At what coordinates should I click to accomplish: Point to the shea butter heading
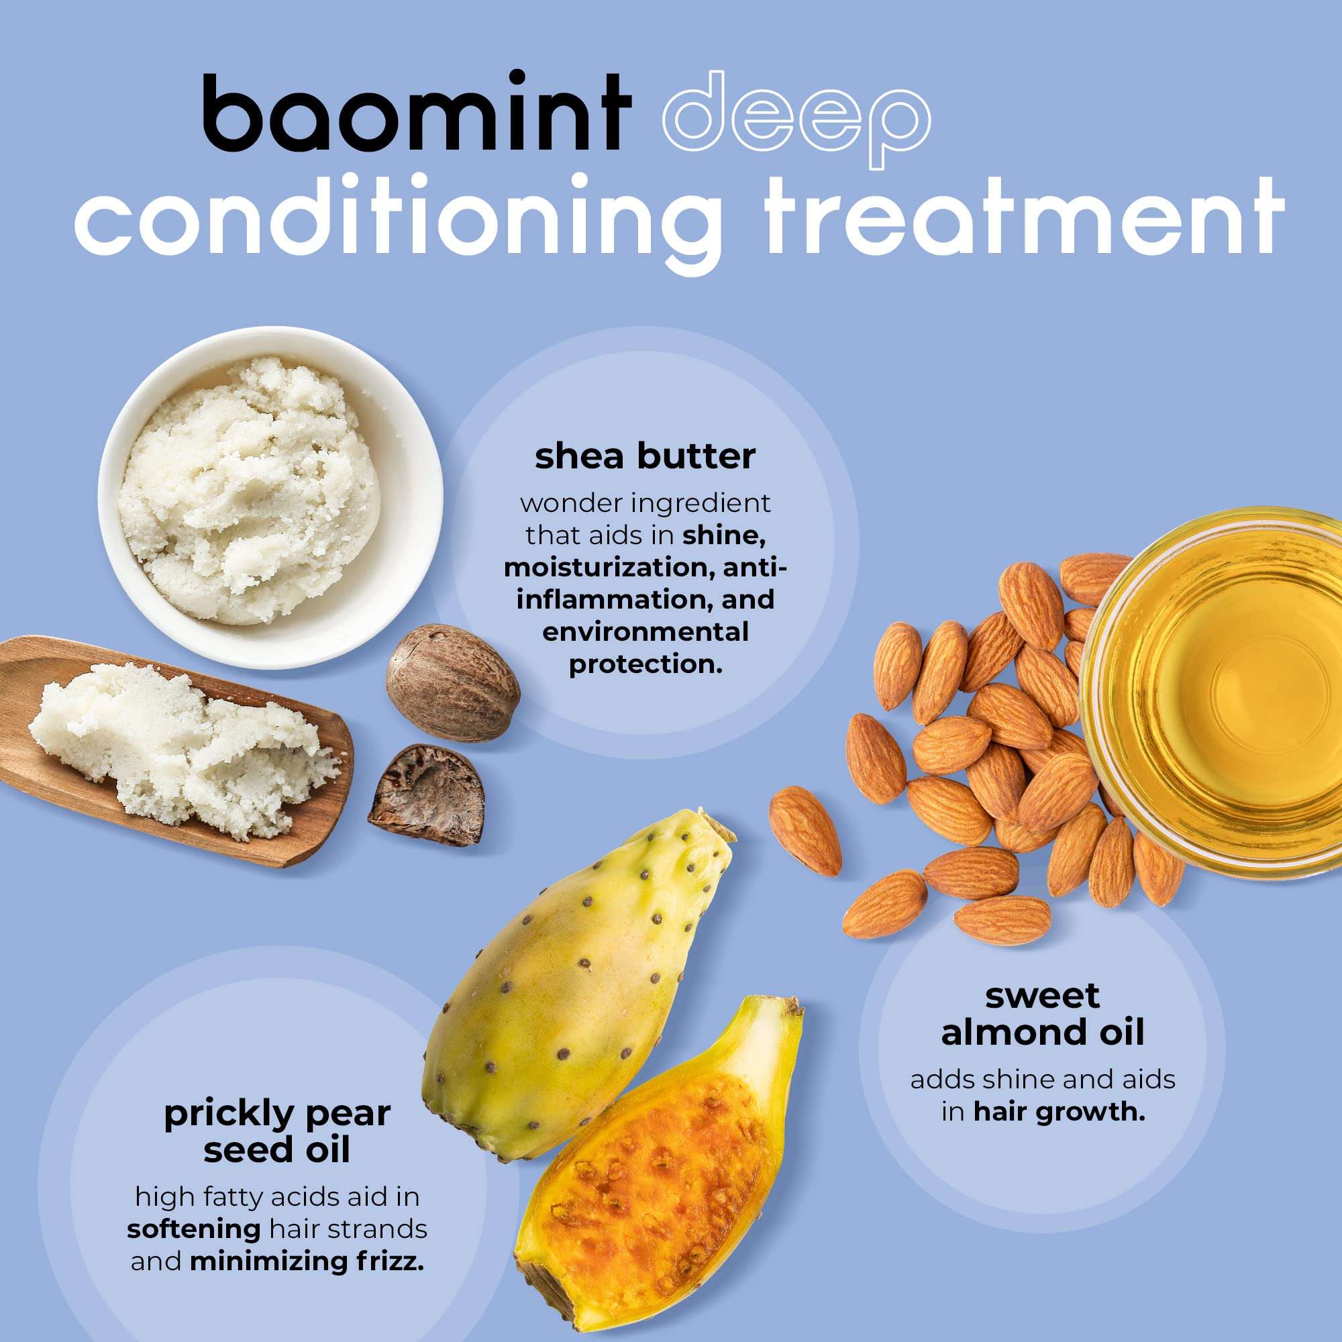click(x=645, y=457)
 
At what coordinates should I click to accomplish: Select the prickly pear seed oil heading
click(x=276, y=1131)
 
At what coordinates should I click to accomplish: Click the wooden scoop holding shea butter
click(x=174, y=750)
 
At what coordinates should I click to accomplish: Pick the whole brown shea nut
click(x=453, y=683)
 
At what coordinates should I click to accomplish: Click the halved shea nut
click(x=428, y=795)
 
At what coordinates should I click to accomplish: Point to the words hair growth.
click(x=1059, y=1112)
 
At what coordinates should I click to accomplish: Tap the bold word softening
click(x=193, y=1229)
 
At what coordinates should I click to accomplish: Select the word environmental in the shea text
click(x=646, y=632)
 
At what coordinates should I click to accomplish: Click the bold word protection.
click(x=646, y=664)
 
